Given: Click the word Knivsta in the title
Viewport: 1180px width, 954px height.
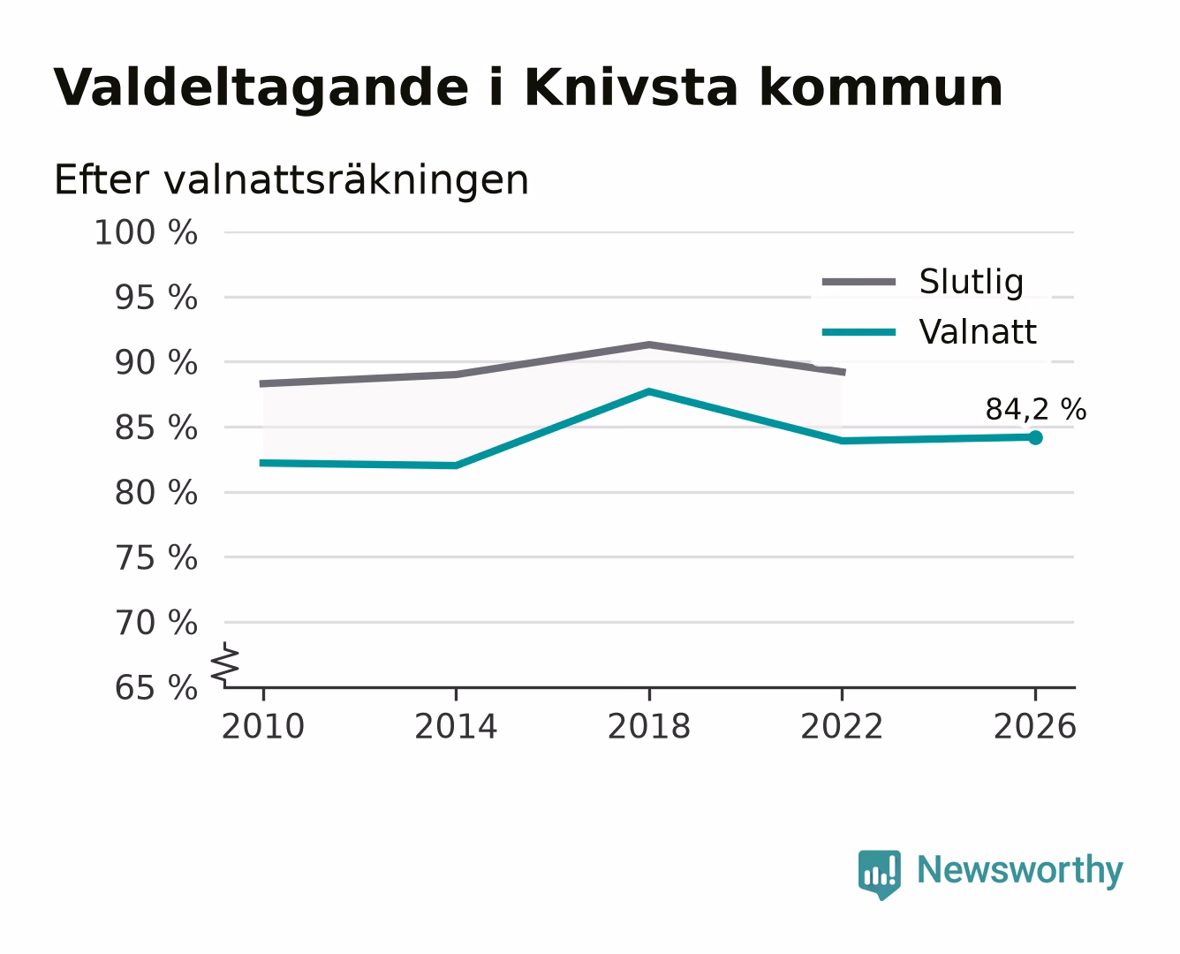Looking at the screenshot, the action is (631, 87).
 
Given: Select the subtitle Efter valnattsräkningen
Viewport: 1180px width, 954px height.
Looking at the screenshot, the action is (291, 180).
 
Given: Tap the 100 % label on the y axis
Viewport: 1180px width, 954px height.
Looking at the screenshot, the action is (146, 232).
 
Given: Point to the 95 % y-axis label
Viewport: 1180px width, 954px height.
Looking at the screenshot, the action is (155, 298).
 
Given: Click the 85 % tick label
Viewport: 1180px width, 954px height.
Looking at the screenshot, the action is (155, 428).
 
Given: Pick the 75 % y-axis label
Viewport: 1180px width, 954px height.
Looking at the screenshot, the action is (155, 557).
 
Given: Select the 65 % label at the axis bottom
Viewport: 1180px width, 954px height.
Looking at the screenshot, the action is (155, 688).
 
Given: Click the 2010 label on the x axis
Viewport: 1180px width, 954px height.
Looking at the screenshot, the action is (263, 726).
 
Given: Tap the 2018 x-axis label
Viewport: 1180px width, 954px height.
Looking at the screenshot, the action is (648, 726).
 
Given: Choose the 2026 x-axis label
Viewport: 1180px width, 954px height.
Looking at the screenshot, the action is (1034, 726).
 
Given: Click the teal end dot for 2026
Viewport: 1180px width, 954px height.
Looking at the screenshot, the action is (1035, 437).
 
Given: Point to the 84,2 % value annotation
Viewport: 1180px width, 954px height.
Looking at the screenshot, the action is (1035, 409).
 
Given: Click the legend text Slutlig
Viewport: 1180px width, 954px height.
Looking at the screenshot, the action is (971, 282).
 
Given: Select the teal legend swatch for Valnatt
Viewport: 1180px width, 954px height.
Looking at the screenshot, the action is (859, 332).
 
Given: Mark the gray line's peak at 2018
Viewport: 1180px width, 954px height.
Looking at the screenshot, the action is (648, 345).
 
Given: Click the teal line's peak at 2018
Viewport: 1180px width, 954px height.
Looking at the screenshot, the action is (648, 391).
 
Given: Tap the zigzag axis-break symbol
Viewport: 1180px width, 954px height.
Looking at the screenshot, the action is (225, 663).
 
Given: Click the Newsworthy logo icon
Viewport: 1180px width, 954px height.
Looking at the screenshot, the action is (879, 874).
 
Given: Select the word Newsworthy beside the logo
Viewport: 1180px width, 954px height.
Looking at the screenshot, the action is (1020, 870).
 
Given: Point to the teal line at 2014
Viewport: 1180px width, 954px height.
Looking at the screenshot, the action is (456, 466).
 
